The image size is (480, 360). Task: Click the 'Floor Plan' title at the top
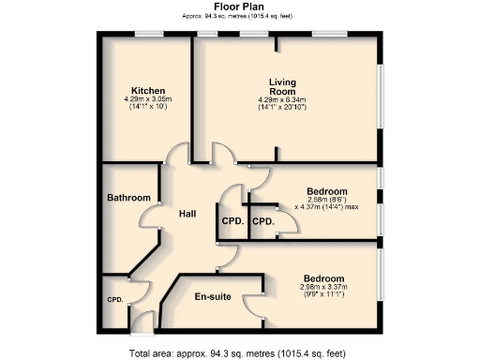point(238,6)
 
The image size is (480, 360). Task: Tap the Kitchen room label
point(148,90)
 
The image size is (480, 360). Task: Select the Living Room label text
point(282,86)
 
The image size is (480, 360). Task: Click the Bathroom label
point(128,198)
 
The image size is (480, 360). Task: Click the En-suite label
point(213,296)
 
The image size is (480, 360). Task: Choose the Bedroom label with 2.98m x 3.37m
point(323,279)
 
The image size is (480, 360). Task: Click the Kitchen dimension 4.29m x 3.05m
point(148,99)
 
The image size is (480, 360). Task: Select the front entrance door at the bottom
point(142,325)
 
